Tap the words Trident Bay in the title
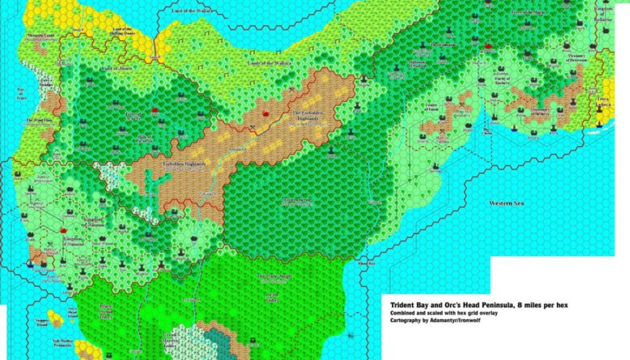point(410,304)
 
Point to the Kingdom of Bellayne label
point(604,12)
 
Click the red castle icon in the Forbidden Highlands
point(265,114)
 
